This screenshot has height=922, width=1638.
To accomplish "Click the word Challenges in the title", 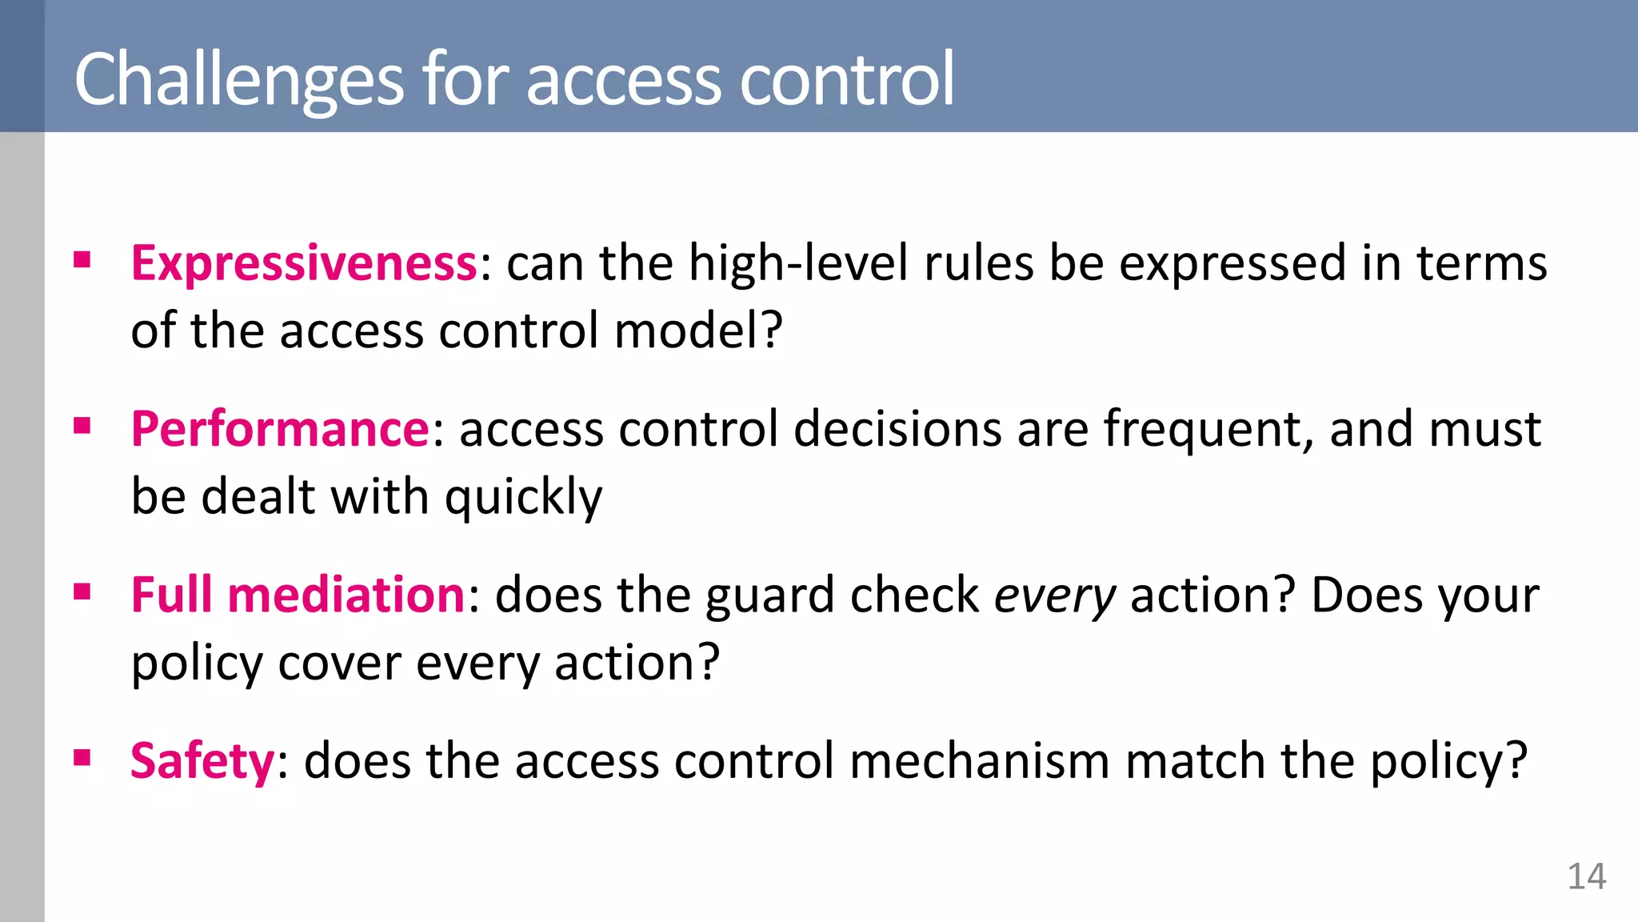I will tap(238, 80).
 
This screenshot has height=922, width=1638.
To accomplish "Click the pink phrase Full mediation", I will tap(298, 595).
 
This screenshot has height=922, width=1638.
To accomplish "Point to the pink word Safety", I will tap(202, 760).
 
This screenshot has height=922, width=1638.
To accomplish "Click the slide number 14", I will tap(1586, 877).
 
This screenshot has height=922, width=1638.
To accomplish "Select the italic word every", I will tap(1054, 596).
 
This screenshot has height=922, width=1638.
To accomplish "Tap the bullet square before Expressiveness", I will tap(82, 260).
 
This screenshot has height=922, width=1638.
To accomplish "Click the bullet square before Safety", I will tap(82, 757).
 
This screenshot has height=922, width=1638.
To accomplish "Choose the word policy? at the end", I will tap(1448, 762).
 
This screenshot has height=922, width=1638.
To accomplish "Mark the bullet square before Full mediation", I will tap(82, 592).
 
